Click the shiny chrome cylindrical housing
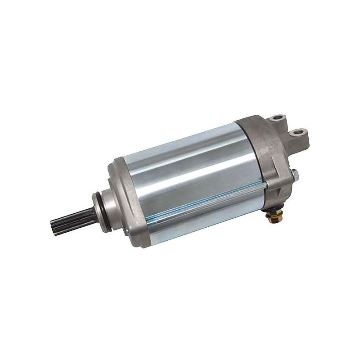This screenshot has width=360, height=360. tap(189, 175)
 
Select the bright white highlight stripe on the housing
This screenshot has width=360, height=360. tap(184, 155)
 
